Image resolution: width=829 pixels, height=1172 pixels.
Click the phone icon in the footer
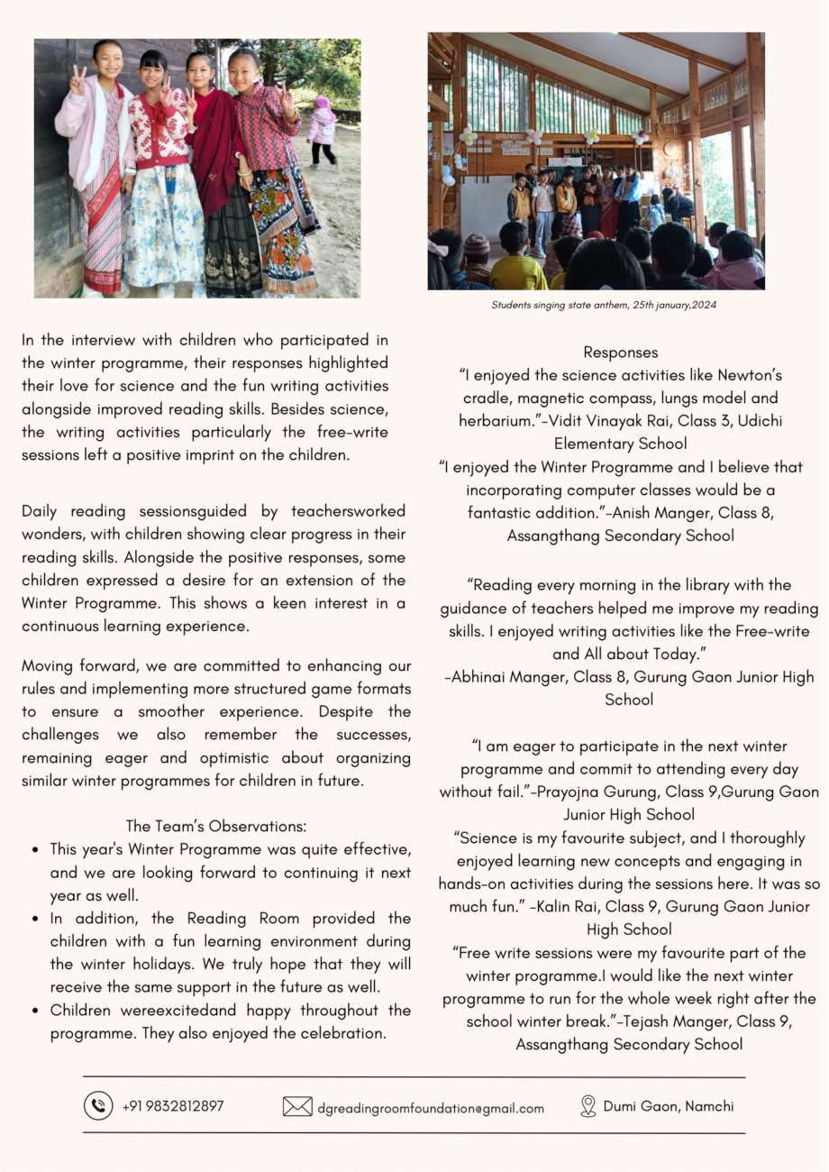coord(98,1105)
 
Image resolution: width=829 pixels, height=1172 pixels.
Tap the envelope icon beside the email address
coord(297,1106)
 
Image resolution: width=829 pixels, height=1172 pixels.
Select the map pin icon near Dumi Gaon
coord(588,1106)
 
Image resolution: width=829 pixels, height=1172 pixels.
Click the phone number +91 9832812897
coord(173,1106)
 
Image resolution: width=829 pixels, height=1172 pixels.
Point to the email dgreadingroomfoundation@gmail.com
coord(430,1108)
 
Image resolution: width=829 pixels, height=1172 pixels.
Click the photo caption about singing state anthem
coord(604,305)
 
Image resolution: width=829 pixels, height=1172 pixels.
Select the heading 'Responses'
coord(620,353)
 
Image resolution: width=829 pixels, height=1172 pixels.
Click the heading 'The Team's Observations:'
coord(216,826)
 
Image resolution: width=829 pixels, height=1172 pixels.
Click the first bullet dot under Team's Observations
coord(33,849)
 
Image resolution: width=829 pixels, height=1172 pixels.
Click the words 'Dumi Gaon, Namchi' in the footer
coord(669,1106)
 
